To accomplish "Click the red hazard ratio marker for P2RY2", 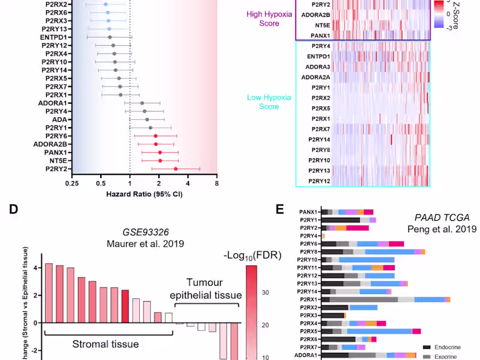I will pyautogui.click(x=176, y=169).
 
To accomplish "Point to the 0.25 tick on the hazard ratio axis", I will pyautogui.click(x=72, y=184).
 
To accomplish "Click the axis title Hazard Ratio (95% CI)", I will pyautogui.click(x=144, y=194).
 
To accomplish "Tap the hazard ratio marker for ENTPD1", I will pyautogui.click(x=109, y=37).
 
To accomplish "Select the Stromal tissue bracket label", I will pyautogui.click(x=107, y=344).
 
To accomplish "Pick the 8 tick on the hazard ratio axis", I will pyautogui.click(x=217, y=184).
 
